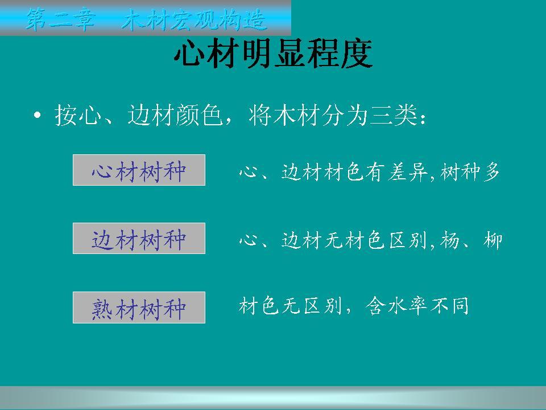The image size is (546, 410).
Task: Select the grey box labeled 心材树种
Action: [139, 170]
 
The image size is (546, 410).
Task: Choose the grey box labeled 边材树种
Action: [139, 239]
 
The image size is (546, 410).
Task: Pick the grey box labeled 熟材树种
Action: [139, 307]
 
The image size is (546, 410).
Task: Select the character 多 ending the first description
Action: [491, 171]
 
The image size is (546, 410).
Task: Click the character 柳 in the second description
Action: [493, 240]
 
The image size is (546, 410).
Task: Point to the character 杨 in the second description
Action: [450, 240]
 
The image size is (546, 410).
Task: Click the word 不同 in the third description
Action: [449, 306]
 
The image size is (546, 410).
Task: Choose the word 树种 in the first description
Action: [460, 171]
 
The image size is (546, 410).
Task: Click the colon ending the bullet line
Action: [423, 118]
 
